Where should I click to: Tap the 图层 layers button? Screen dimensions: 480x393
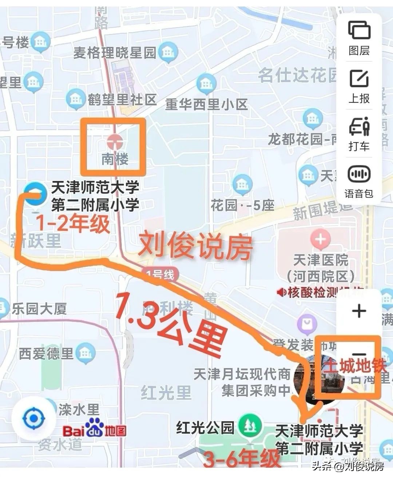pos(359,38)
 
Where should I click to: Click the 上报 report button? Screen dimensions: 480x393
pos(359,86)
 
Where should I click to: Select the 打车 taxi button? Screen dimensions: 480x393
pos(359,133)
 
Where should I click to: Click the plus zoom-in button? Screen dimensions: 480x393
pos(359,311)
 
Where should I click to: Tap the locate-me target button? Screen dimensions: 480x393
pos(33,419)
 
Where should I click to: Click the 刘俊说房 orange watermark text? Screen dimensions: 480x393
pos(195,247)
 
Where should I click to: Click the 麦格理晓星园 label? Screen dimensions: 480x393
pos(115,53)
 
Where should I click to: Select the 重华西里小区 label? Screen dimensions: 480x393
pos(206,105)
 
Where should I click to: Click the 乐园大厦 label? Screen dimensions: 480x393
pos(39,309)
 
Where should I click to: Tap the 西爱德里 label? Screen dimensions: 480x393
pos(46,354)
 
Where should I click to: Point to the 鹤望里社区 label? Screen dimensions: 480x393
pos(122,99)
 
